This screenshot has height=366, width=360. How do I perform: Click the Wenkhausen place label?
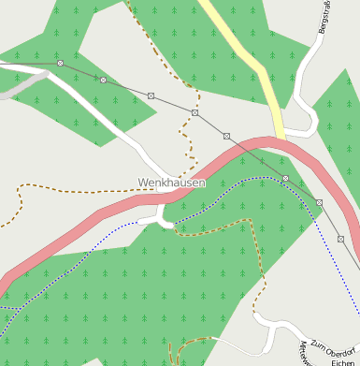pos(171,183)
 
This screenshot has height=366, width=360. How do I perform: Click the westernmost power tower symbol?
pos(60,63)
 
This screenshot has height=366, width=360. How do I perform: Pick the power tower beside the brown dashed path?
pos(195,112)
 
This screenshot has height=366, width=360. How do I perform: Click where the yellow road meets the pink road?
pos(279,140)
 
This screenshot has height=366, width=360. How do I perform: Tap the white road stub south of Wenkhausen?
pos(163,216)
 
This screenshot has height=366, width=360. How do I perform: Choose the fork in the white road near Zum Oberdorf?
pos(271,324)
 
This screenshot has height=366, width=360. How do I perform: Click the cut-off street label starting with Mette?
pos(305,355)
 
